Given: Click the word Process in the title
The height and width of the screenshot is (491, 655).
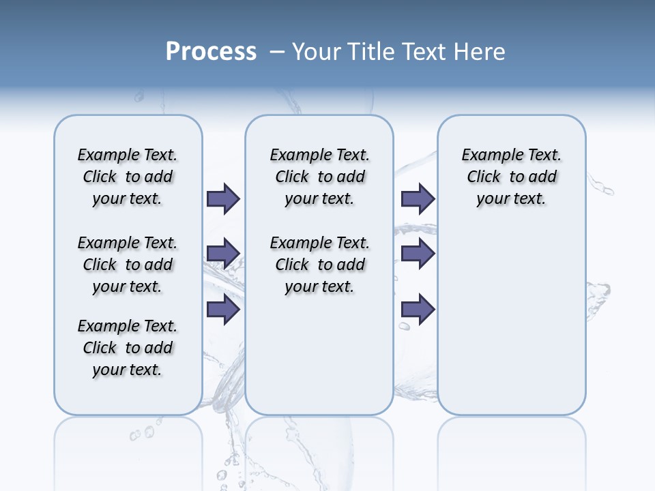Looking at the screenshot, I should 211,52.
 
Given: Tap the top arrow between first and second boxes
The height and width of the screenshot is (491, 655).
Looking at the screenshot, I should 223,198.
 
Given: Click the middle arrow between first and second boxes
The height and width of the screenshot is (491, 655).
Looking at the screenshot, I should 223,254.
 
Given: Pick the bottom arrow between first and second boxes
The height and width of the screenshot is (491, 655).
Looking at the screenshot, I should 223,310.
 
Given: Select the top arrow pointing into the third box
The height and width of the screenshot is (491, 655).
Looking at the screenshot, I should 418,198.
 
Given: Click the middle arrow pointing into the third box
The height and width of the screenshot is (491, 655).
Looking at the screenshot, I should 418,254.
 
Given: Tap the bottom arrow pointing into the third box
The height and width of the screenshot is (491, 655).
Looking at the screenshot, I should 418,310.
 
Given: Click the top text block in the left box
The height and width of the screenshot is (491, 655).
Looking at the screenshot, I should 128,177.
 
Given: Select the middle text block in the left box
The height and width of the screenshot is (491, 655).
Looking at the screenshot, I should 128,265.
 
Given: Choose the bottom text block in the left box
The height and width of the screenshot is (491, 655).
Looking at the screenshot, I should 128,348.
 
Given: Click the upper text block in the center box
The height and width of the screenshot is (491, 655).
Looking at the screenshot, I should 319,177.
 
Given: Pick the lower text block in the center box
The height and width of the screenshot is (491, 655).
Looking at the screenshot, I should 319,265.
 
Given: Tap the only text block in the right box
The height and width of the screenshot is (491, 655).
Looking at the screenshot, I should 511,177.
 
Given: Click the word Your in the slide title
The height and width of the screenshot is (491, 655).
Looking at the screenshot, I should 317,52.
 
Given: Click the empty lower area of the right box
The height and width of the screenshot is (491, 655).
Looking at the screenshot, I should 511,327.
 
